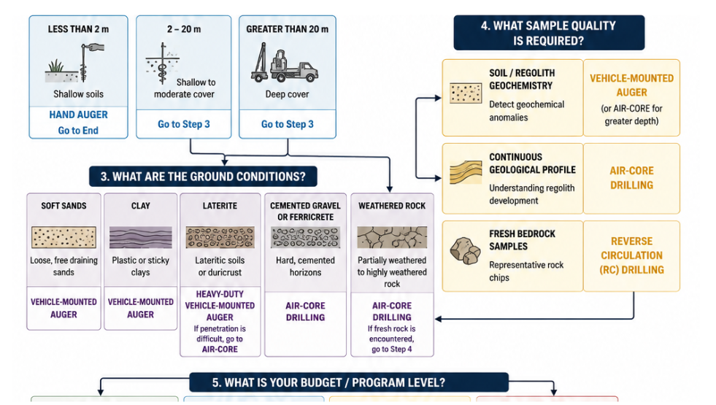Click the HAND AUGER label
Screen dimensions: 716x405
(x=79, y=115)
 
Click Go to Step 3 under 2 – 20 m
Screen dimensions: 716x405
(x=184, y=124)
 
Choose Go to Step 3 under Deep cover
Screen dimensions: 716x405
(x=288, y=124)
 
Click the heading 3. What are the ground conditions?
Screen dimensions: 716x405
(x=203, y=177)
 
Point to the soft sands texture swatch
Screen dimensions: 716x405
(x=64, y=237)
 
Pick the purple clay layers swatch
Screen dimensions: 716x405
(x=141, y=237)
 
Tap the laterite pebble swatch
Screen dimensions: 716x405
(x=220, y=237)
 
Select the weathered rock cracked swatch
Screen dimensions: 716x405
(x=392, y=237)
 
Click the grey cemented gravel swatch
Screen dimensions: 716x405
(x=306, y=237)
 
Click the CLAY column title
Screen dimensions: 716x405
(x=141, y=206)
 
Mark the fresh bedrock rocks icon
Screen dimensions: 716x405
(x=466, y=251)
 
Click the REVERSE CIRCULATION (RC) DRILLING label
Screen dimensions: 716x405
(x=631, y=255)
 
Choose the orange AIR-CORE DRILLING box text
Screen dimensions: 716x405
(x=631, y=178)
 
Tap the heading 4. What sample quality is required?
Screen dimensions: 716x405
(x=548, y=34)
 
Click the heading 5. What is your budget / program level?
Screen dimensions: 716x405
(x=328, y=382)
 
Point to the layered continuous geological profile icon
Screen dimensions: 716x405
(x=466, y=171)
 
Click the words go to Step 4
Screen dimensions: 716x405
(x=392, y=350)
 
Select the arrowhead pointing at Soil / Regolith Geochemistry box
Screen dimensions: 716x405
(x=439, y=98)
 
